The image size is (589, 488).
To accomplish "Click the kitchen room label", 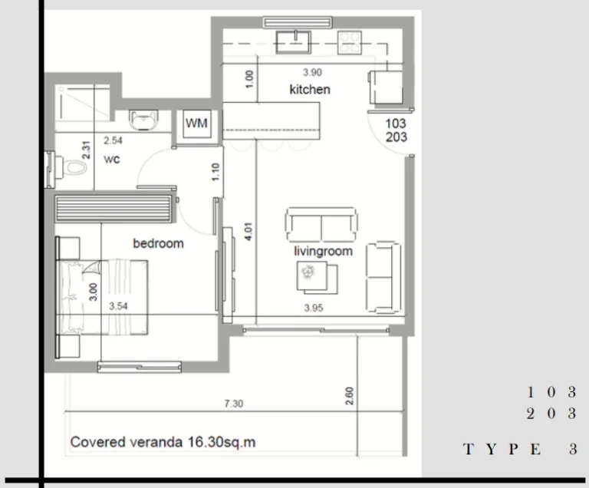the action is (x=310, y=90).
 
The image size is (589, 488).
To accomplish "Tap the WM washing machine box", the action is (x=196, y=124).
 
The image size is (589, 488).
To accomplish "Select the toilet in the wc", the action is (x=67, y=169).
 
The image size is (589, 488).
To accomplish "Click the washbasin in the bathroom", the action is (x=143, y=120).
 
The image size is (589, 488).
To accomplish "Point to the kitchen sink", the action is (x=294, y=42).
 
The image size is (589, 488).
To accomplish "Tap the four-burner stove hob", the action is (x=350, y=42).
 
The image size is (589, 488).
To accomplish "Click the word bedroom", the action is (x=158, y=244).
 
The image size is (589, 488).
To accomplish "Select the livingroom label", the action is (x=323, y=251).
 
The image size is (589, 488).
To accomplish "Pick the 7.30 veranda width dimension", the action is (x=234, y=404).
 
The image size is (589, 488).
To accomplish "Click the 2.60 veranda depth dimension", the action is (x=350, y=396).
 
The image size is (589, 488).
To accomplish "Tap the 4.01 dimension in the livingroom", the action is (x=248, y=232).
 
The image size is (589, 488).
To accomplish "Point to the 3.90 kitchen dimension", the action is (x=313, y=72).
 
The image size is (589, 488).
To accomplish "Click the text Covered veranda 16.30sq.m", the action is (x=163, y=442).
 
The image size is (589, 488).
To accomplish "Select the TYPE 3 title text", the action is (x=520, y=450).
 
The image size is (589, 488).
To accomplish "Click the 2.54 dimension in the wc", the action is (x=113, y=140).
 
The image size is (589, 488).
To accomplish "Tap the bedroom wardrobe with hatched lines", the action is (x=114, y=208).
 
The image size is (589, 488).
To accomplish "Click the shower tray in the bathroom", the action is (x=83, y=102).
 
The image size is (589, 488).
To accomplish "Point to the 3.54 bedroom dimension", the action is (x=118, y=306).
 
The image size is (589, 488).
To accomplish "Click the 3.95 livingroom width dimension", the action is (x=314, y=308).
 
